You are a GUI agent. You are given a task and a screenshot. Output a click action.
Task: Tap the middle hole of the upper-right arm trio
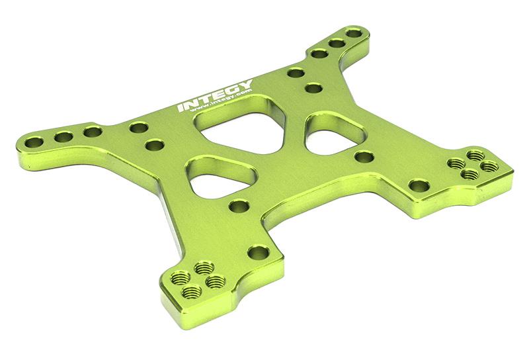(337, 44)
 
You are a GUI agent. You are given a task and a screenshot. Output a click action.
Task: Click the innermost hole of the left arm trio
(91, 132)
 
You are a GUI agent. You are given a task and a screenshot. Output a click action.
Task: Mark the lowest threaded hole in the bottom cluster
(191, 291)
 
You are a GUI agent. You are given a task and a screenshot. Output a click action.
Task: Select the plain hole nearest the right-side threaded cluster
(417, 185)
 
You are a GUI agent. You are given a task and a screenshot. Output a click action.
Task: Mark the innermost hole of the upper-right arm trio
(320, 54)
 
